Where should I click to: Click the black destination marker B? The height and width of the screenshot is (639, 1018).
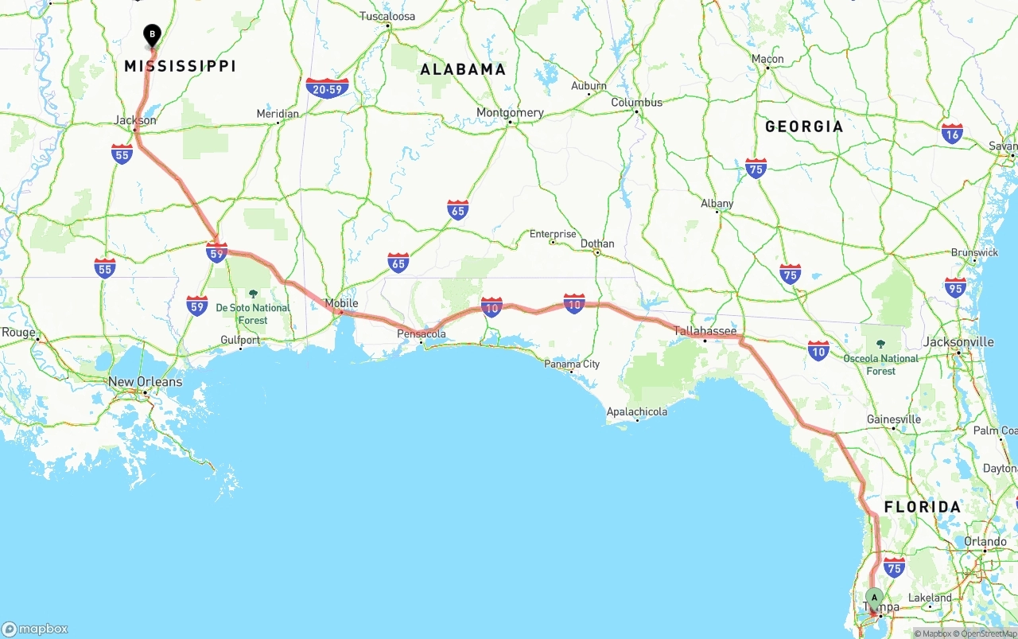tap(152, 35)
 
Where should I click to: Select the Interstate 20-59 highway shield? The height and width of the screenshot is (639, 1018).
tap(327, 88)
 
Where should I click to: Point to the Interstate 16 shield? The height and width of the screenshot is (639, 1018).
tap(952, 133)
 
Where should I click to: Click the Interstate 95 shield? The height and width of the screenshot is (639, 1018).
tap(955, 287)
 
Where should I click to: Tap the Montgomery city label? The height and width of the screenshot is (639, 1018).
tap(510, 112)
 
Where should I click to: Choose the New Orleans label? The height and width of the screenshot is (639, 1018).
tap(145, 382)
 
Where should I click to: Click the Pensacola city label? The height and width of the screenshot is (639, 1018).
tap(422, 334)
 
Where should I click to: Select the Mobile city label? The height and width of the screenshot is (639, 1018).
tap(341, 303)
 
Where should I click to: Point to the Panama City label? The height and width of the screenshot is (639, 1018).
tap(572, 364)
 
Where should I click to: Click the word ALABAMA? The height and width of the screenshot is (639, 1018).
tap(463, 69)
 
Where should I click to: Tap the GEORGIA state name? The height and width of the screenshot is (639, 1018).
tap(804, 127)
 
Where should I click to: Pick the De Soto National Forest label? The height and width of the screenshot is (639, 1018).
tap(253, 314)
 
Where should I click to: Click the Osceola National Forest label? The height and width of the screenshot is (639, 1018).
tap(880, 364)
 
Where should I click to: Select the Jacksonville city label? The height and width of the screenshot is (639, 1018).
tap(958, 342)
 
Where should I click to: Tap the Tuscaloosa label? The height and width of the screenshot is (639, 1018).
tap(387, 16)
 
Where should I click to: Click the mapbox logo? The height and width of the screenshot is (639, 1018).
tap(35, 629)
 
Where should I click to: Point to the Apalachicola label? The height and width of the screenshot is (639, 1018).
tap(637, 411)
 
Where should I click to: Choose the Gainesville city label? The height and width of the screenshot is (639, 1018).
tap(894, 419)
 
